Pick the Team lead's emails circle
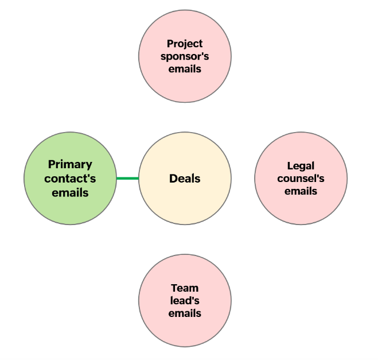185,330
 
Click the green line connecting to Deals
127,179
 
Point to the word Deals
185,179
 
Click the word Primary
70,165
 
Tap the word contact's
70,179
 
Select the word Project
185,44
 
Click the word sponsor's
185,56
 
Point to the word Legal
301,166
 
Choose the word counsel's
301,179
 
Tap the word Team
185,288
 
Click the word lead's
185,301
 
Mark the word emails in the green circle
70,192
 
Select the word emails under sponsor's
185,69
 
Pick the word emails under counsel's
301,191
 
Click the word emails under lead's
185,313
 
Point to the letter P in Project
170,44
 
